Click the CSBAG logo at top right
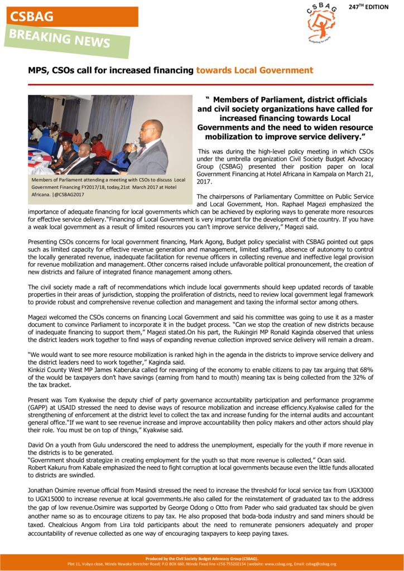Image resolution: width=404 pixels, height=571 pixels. tap(322, 23)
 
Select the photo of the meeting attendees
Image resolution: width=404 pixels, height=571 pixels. tap(110, 134)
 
